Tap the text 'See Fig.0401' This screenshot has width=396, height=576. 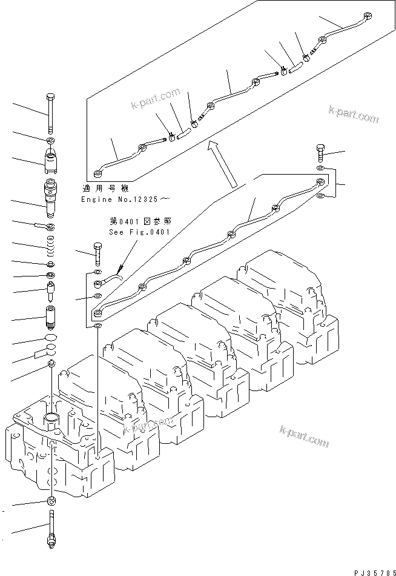point(139,232)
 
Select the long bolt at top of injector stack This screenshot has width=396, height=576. point(51,113)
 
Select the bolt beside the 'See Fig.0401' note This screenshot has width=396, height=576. point(97,251)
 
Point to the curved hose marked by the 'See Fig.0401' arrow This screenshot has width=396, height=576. point(113,278)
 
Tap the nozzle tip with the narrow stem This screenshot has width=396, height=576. point(51,291)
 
